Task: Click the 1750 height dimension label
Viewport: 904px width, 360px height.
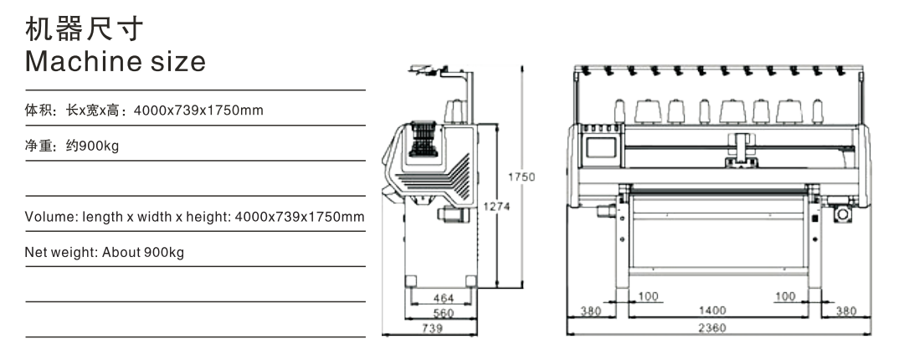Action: click(521, 177)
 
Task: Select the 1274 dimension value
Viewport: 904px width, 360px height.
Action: click(496, 206)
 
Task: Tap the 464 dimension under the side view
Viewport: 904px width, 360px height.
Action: click(444, 298)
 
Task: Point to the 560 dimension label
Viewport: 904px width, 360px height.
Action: click(444, 313)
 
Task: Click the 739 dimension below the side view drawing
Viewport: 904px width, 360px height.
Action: click(433, 328)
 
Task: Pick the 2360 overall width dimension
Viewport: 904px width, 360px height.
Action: click(712, 327)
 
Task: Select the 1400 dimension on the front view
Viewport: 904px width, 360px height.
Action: click(712, 311)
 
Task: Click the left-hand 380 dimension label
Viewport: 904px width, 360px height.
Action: click(590, 311)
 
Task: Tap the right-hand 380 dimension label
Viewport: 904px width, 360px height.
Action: click(845, 311)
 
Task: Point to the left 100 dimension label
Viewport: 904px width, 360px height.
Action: click(648, 296)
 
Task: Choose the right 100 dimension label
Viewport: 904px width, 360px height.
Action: click(785, 296)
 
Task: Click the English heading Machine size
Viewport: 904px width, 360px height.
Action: click(116, 61)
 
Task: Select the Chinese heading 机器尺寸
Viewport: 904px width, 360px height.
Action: click(85, 28)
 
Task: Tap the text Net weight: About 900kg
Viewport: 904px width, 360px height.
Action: click(105, 253)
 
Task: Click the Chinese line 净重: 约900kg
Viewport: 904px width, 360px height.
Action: click(72, 146)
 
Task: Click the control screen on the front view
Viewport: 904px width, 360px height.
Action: click(601, 147)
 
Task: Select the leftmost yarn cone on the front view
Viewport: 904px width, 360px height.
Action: click(619, 111)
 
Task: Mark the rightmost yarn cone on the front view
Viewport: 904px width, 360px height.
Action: click(818, 111)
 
